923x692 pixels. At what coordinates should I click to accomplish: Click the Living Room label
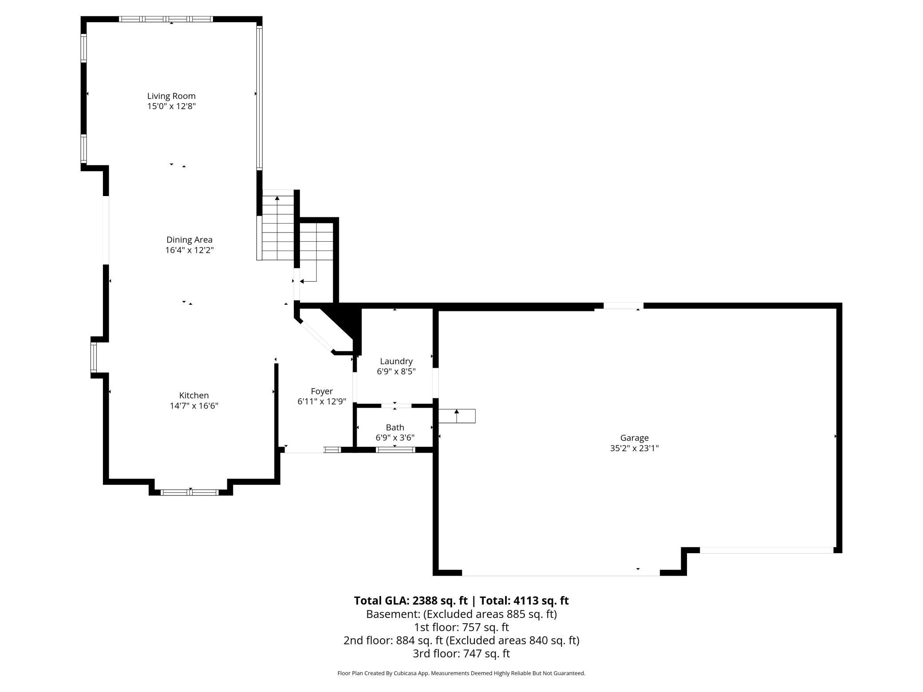pyautogui.click(x=171, y=96)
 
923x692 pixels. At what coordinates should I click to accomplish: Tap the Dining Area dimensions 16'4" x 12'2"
pyautogui.click(x=189, y=250)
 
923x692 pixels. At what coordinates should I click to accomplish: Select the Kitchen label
pyautogui.click(x=194, y=395)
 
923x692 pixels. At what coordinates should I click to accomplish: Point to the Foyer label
pyautogui.click(x=322, y=391)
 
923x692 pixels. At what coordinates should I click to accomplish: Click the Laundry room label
pyautogui.click(x=396, y=361)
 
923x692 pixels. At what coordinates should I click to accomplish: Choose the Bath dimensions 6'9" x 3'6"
pyautogui.click(x=395, y=438)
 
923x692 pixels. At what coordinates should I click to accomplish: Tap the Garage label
pyautogui.click(x=634, y=438)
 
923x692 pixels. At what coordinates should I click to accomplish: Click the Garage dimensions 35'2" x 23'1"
pyautogui.click(x=634, y=448)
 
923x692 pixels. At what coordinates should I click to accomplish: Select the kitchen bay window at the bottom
pyautogui.click(x=190, y=492)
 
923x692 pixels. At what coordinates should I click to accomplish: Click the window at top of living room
pyautogui.click(x=166, y=19)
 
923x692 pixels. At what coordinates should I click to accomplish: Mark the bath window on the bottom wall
pyautogui.click(x=395, y=450)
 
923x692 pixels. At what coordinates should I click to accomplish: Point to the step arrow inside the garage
pyautogui.click(x=457, y=416)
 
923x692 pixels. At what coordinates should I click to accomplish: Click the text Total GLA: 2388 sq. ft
pyautogui.click(x=410, y=601)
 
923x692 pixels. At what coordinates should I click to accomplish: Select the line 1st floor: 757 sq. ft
pyautogui.click(x=461, y=627)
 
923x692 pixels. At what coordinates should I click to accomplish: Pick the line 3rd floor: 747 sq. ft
pyautogui.click(x=461, y=653)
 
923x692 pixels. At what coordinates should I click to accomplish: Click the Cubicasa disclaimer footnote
pyautogui.click(x=461, y=673)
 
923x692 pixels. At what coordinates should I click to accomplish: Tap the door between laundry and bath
pyautogui.click(x=396, y=405)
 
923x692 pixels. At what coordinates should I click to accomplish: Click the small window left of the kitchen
pyautogui.click(x=94, y=358)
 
